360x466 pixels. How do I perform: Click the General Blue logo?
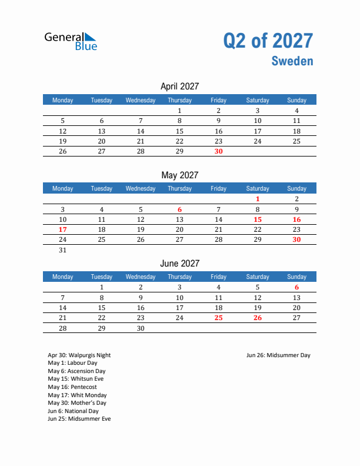pos(71,41)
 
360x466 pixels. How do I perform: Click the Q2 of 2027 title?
pos(268,41)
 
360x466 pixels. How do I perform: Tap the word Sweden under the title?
pos(292,61)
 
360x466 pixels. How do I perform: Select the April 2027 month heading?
pos(179,86)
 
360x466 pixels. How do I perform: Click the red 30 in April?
pos(218,151)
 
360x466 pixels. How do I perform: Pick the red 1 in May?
pos(258,199)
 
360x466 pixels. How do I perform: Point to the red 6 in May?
pos(179,209)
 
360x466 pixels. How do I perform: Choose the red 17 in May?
pos(63,229)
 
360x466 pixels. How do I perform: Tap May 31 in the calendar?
pos(63,250)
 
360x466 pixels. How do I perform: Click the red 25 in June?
pos(218,318)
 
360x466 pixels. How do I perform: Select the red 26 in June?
pos(258,318)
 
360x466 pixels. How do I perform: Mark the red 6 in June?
pos(296,288)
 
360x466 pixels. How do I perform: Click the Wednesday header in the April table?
pos(141,100)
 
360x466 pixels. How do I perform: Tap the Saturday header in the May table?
pos(258,188)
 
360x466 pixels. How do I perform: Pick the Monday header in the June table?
pos(63,277)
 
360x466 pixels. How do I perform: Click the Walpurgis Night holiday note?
pos(79,355)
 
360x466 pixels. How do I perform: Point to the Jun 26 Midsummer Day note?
pos(278,355)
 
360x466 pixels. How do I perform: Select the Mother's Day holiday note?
pos(77,403)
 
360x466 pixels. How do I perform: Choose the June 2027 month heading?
pos(179,264)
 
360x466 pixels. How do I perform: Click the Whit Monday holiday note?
pos(77,395)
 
